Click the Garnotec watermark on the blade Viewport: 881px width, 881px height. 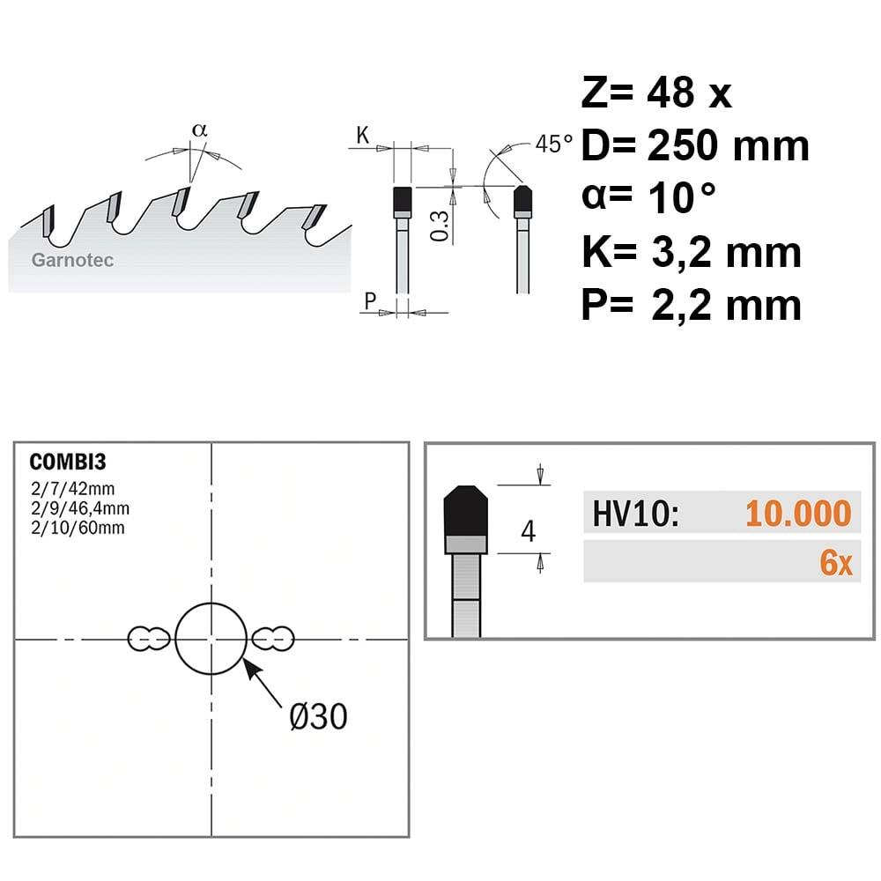click(72, 260)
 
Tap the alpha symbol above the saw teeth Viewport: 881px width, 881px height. click(199, 130)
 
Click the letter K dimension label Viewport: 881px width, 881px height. click(363, 136)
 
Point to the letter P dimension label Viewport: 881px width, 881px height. click(370, 301)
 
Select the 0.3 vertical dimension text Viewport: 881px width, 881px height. click(440, 226)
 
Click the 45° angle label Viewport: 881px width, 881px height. click(554, 144)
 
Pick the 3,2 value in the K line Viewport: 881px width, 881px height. click(681, 253)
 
